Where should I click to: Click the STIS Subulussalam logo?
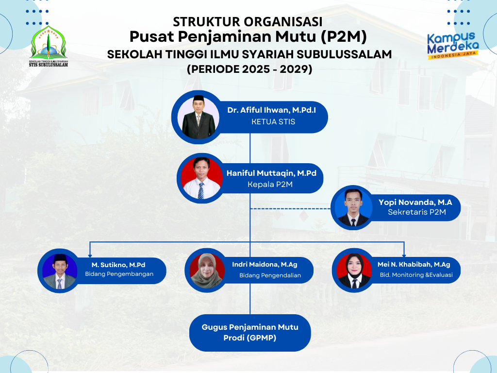pyautogui.click(x=49, y=47)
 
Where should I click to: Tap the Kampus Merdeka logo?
pyautogui.click(x=453, y=45)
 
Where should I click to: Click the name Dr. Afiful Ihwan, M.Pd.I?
pyautogui.click(x=272, y=110)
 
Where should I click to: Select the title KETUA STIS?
pyautogui.click(x=273, y=121)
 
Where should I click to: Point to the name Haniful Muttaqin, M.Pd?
pyautogui.click(x=271, y=173)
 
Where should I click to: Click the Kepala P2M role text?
pyautogui.click(x=270, y=184)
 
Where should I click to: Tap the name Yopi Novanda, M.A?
pyautogui.click(x=415, y=203)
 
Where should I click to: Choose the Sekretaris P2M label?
pyautogui.click(x=417, y=212)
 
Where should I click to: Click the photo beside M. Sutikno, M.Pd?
pyautogui.click(x=60, y=271)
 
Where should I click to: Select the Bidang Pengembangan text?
pyautogui.click(x=119, y=274)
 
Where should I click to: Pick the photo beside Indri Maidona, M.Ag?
pyautogui.click(x=207, y=271)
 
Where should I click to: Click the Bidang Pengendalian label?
pyautogui.click(x=270, y=275)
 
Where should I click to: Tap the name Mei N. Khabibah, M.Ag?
pyautogui.click(x=414, y=264)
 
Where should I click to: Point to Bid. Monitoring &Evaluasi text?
pyautogui.click(x=416, y=275)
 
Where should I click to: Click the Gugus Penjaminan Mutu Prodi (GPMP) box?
pyautogui.click(x=250, y=333)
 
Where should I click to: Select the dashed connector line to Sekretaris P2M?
pyautogui.click(x=290, y=209)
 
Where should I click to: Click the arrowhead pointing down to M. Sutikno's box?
pyautogui.click(x=90, y=255)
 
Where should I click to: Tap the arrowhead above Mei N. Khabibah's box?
pyautogui.click(x=404, y=255)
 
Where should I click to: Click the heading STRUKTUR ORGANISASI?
pyautogui.click(x=248, y=22)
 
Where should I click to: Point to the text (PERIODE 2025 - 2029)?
pyautogui.click(x=249, y=69)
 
